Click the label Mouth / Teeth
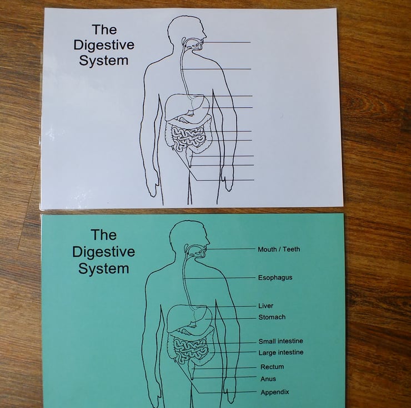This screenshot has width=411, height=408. click(278, 249)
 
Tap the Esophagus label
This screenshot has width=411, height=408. click(275, 278)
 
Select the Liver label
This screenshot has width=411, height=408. click(265, 306)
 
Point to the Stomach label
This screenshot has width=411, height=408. click(272, 317)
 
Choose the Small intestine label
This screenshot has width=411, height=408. click(280, 341)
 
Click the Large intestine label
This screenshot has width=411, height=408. click(280, 353)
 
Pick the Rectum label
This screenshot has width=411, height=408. click(272, 367)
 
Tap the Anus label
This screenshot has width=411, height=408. click(268, 379)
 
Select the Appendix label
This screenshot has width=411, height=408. click(274, 392)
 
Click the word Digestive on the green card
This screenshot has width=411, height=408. click(103, 252)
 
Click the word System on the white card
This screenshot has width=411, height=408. click(104, 60)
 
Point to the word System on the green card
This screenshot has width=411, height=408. click(103, 269)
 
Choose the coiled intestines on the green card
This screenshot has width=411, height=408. click(191, 348)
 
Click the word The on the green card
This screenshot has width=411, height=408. click(103, 235)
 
